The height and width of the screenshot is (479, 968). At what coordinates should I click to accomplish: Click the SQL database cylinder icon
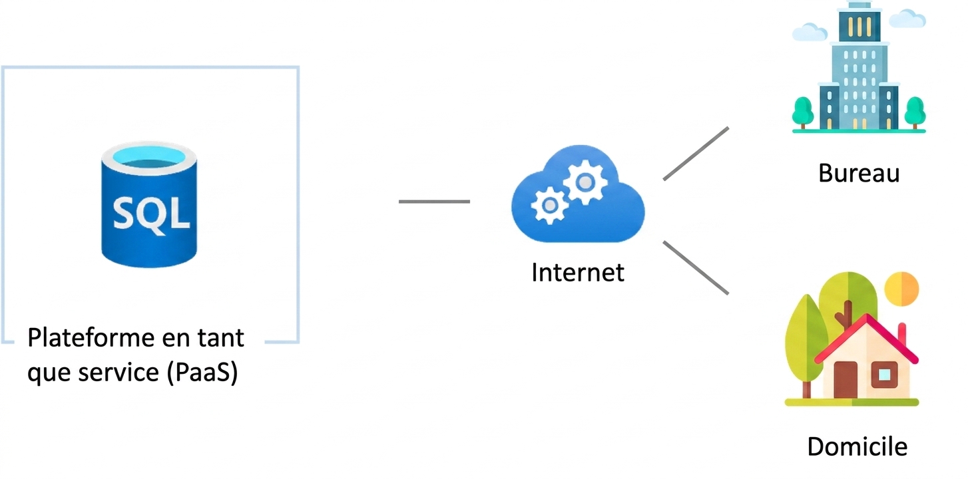pos(149,204)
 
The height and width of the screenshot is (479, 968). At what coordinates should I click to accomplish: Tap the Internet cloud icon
pos(578,193)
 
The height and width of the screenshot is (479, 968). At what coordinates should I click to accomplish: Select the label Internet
pos(578,273)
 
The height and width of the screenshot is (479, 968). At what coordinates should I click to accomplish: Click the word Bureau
pos(859,173)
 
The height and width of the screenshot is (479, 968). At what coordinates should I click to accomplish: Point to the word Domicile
pos(857,446)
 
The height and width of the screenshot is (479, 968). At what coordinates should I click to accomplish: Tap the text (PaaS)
pos(202,373)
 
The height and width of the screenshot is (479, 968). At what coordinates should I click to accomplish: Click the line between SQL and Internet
pos(434,202)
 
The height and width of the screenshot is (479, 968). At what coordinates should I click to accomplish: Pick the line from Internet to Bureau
pos(696,154)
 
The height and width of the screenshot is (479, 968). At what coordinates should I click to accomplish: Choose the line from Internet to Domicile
pos(696,268)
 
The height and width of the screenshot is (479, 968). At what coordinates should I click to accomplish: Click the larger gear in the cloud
pos(585,182)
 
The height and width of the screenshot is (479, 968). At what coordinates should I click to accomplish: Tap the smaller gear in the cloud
pos(550,206)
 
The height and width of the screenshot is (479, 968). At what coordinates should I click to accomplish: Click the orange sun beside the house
pos(901,289)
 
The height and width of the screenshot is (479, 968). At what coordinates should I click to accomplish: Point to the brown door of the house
pos(846,380)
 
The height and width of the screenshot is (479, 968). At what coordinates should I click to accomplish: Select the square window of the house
pos(884,375)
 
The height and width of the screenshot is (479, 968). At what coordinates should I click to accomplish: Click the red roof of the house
pos(866,341)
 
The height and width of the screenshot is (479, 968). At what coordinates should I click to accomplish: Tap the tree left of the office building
pos(803,112)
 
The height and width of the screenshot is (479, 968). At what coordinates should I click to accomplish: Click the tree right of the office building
pos(915,112)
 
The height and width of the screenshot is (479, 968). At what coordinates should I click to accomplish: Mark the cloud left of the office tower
pos(810,32)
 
